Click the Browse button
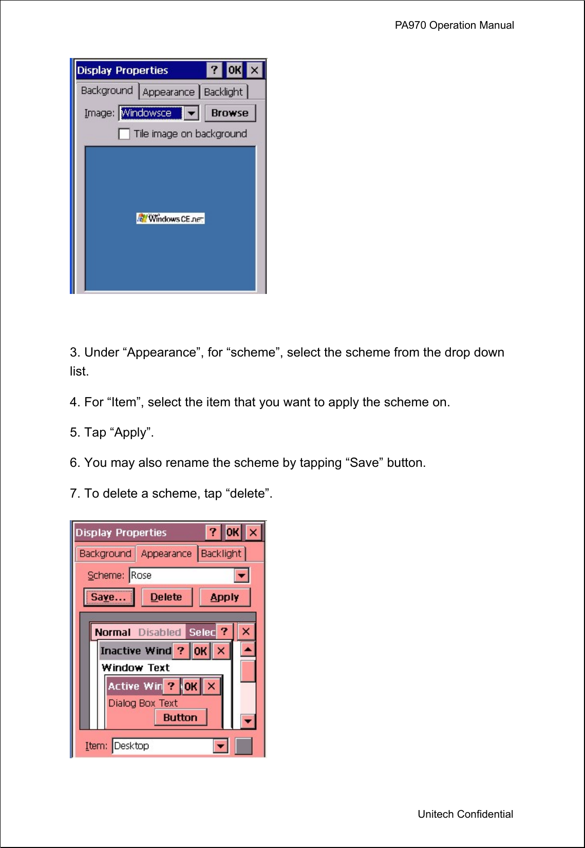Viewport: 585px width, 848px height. point(230,113)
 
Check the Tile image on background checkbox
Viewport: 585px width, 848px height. point(124,134)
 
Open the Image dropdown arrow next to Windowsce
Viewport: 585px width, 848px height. point(191,113)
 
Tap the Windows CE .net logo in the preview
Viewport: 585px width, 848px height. point(171,219)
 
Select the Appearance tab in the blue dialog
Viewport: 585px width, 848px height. point(168,92)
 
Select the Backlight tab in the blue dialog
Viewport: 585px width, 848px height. point(223,92)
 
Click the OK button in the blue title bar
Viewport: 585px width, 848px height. point(234,70)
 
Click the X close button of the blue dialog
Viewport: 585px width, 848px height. point(254,70)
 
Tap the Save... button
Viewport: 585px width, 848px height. point(108,597)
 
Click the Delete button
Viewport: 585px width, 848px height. point(166,597)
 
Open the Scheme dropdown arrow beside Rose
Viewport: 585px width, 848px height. point(241,576)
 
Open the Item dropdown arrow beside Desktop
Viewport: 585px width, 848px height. point(220,746)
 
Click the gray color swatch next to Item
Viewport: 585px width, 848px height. point(243,746)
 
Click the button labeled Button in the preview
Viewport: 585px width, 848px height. point(180,718)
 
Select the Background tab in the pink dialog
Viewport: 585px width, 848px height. point(105,554)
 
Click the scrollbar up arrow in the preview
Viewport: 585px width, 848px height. point(248,649)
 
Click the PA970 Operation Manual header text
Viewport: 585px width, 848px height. point(454,25)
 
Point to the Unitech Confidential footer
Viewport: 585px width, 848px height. point(465,814)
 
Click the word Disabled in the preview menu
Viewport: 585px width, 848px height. point(160,632)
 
